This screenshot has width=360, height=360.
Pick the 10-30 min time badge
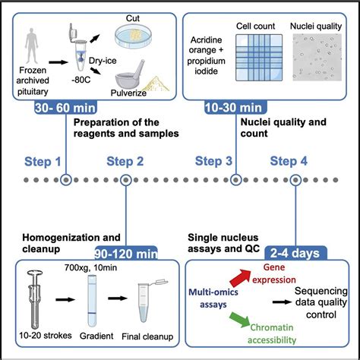229,108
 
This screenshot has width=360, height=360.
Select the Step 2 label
123,161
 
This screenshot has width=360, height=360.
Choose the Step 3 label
214,161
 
